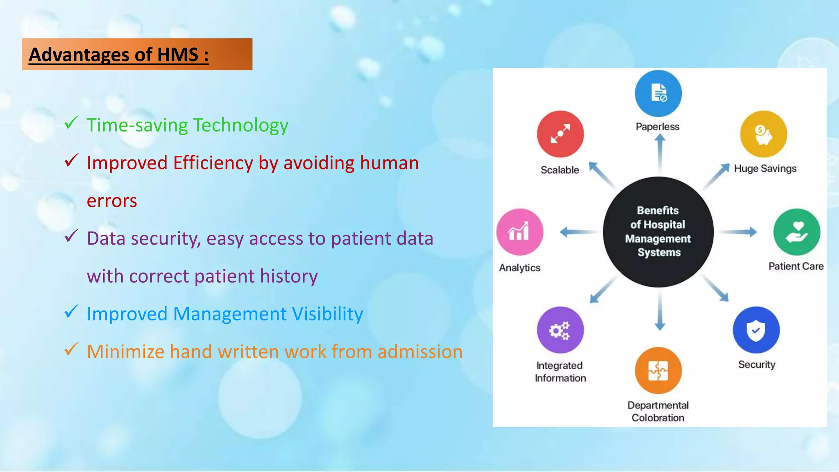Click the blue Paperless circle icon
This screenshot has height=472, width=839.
click(x=658, y=93)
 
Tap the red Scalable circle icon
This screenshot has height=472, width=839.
click(x=560, y=134)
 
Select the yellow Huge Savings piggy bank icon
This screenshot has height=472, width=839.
click(x=763, y=134)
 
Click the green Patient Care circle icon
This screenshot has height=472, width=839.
click(x=796, y=232)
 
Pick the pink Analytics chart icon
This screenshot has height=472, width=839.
click(x=519, y=232)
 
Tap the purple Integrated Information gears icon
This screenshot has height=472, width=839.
click(x=560, y=330)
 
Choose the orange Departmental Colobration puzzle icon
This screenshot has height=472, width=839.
click(x=658, y=370)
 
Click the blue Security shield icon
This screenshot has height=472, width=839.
click(x=756, y=330)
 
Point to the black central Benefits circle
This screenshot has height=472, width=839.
click(x=658, y=232)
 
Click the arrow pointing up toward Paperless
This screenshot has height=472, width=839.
click(x=660, y=154)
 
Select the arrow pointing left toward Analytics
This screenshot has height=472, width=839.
click(x=578, y=232)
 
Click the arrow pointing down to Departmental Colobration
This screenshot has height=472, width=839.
click(x=660, y=311)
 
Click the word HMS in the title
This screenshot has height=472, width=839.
click(x=178, y=55)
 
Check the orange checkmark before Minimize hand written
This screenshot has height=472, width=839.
click(x=71, y=349)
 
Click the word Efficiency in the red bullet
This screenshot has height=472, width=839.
click(x=213, y=163)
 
